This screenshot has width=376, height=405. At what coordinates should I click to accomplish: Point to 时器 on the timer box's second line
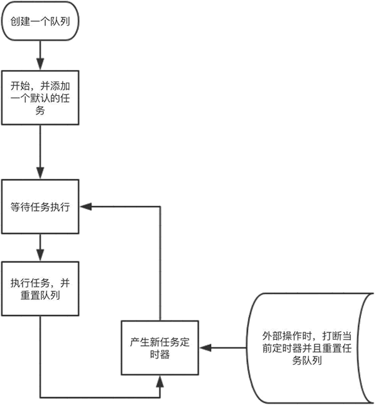tap(160, 354)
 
